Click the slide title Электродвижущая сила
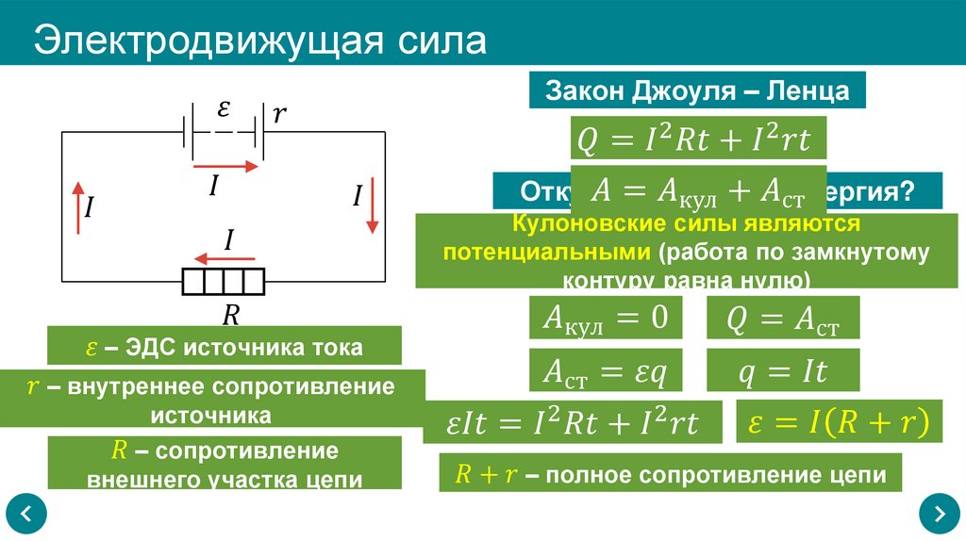pos(260,41)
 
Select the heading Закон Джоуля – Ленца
pos(697,91)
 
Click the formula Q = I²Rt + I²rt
pos(699,139)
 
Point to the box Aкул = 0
pos(605,319)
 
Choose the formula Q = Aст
pos(783,319)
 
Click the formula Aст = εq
pos(605,370)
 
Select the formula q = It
pos(783,370)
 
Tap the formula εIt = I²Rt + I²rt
pos(573,423)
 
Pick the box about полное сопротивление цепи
pos(671,474)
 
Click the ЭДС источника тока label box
pos(225,346)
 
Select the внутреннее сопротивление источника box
pos(212,401)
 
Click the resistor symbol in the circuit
pos(225,281)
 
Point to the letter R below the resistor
pos(229,313)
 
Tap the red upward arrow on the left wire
pos(76,207)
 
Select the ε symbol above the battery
pos(224,108)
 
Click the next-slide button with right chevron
pos(939,514)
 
